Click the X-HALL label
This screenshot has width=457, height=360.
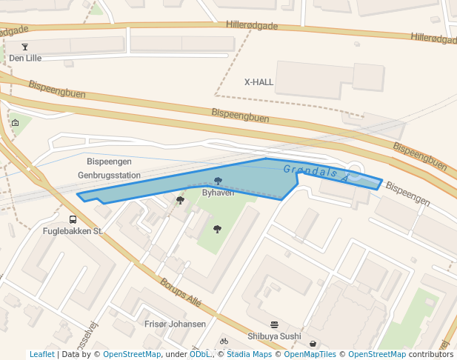tap(259, 82)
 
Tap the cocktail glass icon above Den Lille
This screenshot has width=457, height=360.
tap(25, 47)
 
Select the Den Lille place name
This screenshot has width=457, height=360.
tap(25, 58)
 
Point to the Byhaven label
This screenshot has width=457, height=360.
tap(218, 193)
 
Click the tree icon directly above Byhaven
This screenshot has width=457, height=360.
tap(218, 181)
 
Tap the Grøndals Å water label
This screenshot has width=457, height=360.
tap(315, 174)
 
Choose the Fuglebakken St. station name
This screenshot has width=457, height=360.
tap(73, 231)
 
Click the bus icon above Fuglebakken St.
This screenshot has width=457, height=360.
tap(73, 219)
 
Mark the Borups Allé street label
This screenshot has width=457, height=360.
tap(181, 293)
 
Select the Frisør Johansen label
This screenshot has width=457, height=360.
tap(176, 324)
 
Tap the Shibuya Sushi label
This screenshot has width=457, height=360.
tap(274, 336)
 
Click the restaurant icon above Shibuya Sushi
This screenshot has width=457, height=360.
tap(274, 324)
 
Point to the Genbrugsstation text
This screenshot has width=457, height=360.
tap(109, 176)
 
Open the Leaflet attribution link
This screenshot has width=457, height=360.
tap(41, 354)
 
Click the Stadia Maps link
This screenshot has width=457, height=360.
tap(249, 354)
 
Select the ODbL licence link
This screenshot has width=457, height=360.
tap(199, 354)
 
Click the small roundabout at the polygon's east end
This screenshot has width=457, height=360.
tap(355, 173)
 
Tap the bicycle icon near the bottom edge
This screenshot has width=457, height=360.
tap(224, 341)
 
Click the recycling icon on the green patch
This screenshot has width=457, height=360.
tap(16, 123)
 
